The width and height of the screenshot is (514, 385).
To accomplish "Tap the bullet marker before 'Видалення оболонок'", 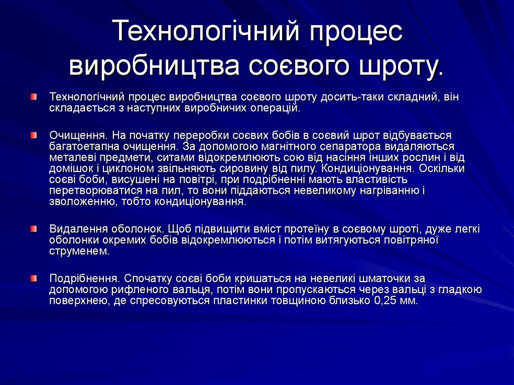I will point(33,228).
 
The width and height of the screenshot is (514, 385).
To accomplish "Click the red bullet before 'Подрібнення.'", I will point(33,278).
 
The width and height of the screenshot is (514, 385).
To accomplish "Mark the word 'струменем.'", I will point(79,251).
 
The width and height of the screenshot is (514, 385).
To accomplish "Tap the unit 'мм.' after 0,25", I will point(409,301).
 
